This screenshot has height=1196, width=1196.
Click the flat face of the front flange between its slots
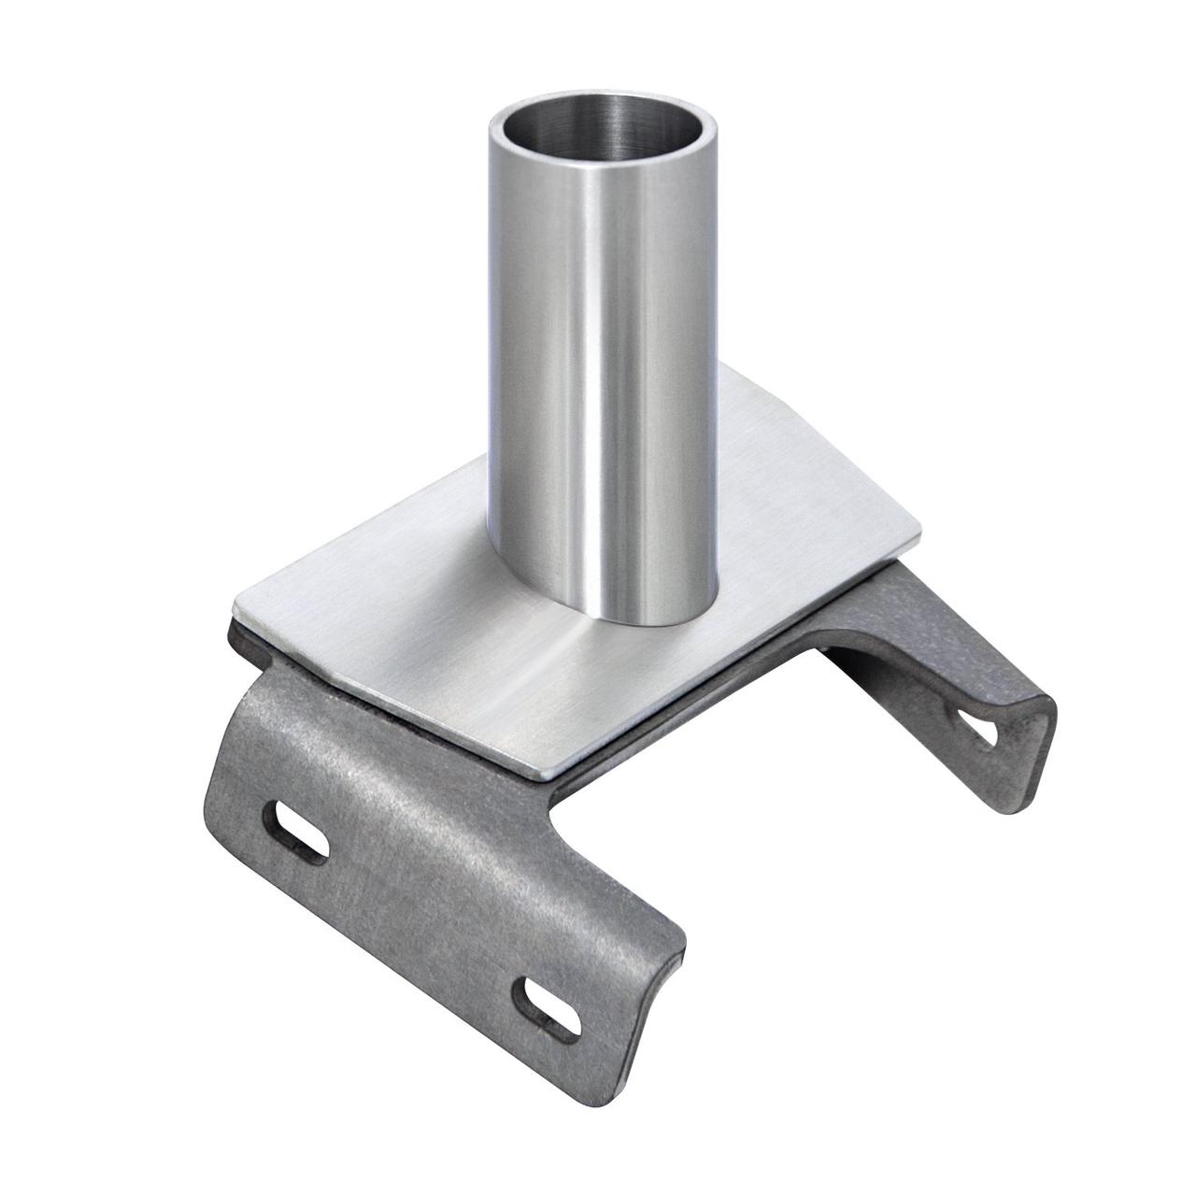pyautogui.click(x=430, y=897)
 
